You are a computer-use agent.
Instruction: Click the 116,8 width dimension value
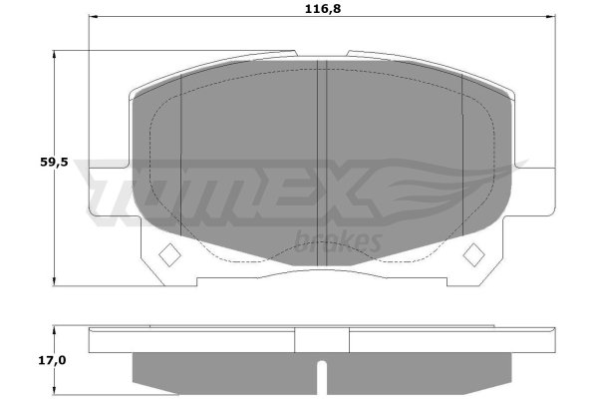pyautogui.click(x=323, y=9)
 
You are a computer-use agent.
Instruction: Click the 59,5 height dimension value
pyautogui.click(x=54, y=163)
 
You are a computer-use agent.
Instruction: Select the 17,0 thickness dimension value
pyautogui.click(x=52, y=360)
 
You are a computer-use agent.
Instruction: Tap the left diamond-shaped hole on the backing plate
pyautogui.click(x=169, y=255)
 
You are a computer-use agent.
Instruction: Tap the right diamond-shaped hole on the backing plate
pyautogui.click(x=473, y=254)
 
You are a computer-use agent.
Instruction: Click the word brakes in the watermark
pyautogui.click(x=338, y=241)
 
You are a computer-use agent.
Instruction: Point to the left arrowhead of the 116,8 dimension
pyautogui.click(x=94, y=17)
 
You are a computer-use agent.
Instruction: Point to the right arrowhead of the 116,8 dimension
pyautogui.click(x=551, y=17)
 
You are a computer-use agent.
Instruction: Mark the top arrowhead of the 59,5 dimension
pyautogui.click(x=54, y=56)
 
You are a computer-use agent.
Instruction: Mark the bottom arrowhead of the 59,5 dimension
pyautogui.click(x=54, y=280)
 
